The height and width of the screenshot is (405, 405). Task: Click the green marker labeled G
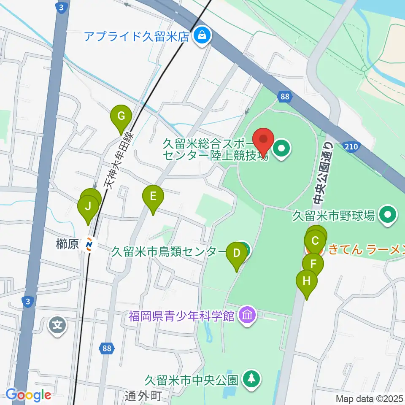tap(121, 116)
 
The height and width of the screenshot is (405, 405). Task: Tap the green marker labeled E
tap(153, 196)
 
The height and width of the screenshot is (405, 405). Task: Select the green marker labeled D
tap(236, 254)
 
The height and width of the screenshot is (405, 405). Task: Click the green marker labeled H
tap(307, 281)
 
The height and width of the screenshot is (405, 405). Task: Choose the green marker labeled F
tap(313, 265)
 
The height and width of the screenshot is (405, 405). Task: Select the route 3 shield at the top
tap(62, 8)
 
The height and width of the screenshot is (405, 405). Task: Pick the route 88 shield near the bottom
tap(107, 348)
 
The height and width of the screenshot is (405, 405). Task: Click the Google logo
tap(29, 395)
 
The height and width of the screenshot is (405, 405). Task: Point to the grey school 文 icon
tap(58, 325)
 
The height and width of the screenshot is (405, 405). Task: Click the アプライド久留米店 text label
tap(136, 36)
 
